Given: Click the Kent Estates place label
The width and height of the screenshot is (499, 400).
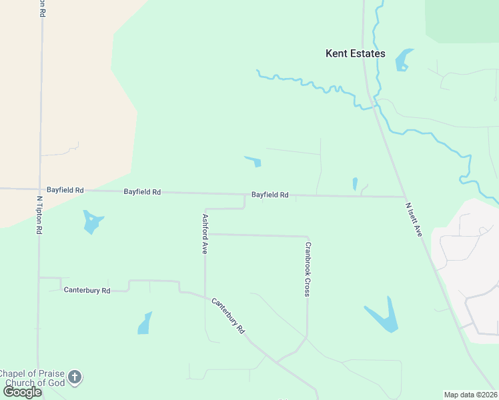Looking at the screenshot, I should [355, 53].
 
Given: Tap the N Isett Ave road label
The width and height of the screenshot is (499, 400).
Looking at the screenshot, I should [414, 219].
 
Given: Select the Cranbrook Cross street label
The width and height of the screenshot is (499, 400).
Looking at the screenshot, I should [308, 269].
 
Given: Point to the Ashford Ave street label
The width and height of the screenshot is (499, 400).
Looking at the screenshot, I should [205, 233].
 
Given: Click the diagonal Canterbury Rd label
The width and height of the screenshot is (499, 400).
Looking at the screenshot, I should [229, 316].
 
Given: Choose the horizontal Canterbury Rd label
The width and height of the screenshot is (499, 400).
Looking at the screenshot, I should [86, 290].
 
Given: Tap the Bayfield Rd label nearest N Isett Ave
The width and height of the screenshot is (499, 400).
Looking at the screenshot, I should [270, 195].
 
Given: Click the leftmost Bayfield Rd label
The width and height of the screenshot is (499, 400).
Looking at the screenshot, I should [65, 190].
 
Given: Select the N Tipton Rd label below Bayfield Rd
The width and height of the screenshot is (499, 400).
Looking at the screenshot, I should [39, 214].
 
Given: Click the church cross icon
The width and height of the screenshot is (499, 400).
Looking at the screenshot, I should [75, 377].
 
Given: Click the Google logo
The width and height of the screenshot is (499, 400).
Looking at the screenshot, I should [22, 391].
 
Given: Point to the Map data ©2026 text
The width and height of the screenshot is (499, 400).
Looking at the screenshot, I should [470, 395].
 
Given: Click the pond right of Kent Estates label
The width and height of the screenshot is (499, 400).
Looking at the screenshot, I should [403, 59].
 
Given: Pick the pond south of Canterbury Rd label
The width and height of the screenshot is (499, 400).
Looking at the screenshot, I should [145, 323].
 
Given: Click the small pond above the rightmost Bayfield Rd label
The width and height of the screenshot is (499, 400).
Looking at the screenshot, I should [254, 161].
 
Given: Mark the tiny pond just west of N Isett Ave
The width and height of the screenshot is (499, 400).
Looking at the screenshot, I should [355, 183].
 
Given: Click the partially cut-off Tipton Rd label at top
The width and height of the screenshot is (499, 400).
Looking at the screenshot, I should [42, 8].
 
